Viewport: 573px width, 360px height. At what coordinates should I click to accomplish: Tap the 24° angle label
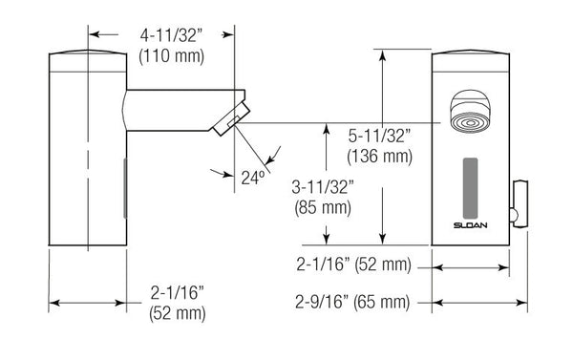coord(253,176)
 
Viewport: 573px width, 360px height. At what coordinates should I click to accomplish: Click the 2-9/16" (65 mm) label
coord(352,303)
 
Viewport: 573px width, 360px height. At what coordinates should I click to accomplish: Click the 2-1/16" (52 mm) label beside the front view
coord(352,263)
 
